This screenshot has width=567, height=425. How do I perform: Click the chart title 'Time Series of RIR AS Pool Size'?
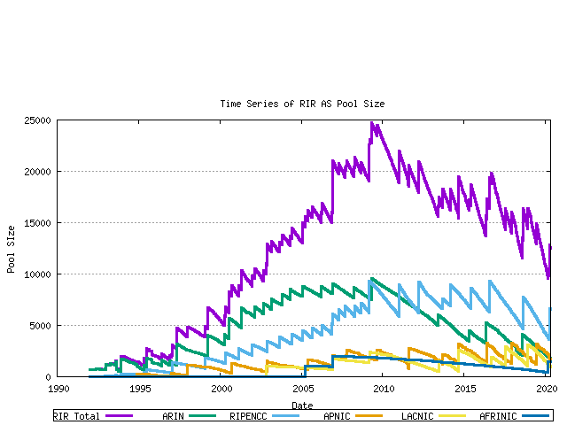coord(302,104)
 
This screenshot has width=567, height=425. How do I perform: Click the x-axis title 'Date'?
coord(302,406)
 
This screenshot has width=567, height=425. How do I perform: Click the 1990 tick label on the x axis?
coord(59,388)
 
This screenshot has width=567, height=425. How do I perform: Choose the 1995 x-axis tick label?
coord(141,388)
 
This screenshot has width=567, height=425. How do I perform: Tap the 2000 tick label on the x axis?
coord(222,388)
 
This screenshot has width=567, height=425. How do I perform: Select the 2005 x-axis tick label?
coord(304,388)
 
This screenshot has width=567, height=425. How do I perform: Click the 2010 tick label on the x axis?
coord(385,388)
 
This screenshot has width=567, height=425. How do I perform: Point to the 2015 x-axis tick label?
coord(467,388)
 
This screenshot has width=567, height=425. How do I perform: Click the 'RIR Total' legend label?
coord(78,415)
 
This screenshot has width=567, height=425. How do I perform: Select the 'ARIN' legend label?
coord(174,415)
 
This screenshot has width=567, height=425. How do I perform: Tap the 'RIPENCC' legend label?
coord(248,415)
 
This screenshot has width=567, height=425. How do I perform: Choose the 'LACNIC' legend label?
coord(418,415)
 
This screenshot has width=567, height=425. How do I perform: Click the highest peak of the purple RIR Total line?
coord(372,124)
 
